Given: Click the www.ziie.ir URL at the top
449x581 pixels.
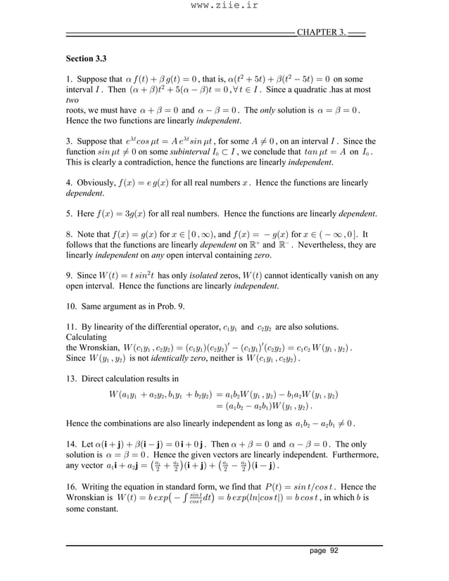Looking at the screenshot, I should pos(224,7).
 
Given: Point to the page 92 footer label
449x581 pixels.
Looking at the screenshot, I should pos(324,551).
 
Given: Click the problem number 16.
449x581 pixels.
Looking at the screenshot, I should pos(70,487).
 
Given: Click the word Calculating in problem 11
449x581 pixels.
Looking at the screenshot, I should pos(89,338).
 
